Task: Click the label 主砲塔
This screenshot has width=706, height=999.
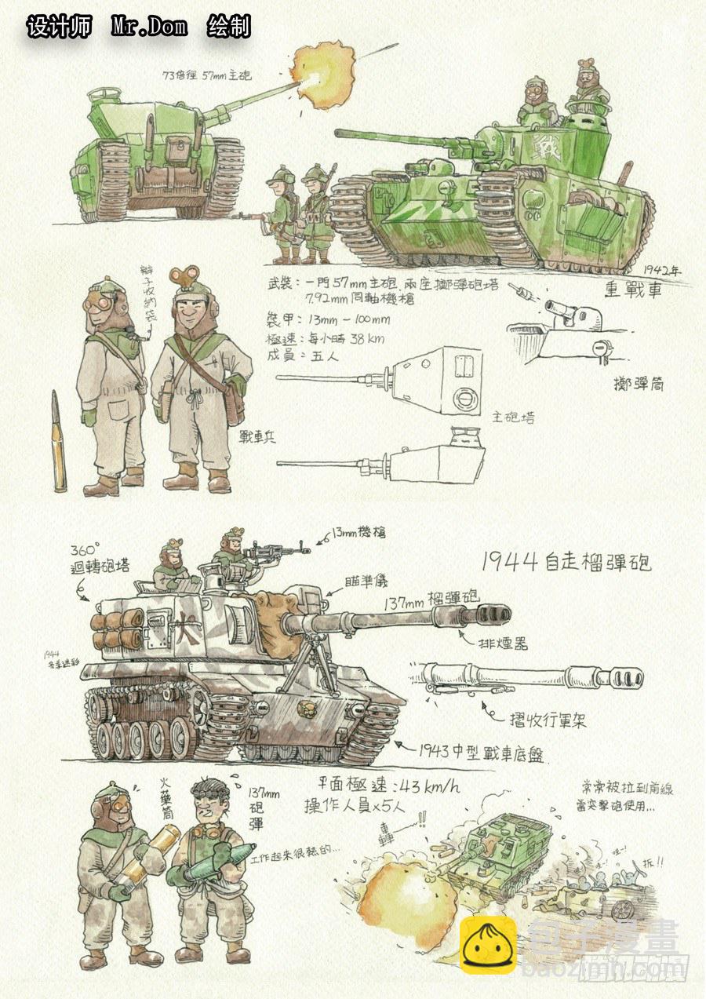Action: click(x=514, y=417)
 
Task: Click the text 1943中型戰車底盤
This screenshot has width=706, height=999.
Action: click(x=480, y=753)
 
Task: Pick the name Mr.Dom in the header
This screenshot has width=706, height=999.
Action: click(x=149, y=27)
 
